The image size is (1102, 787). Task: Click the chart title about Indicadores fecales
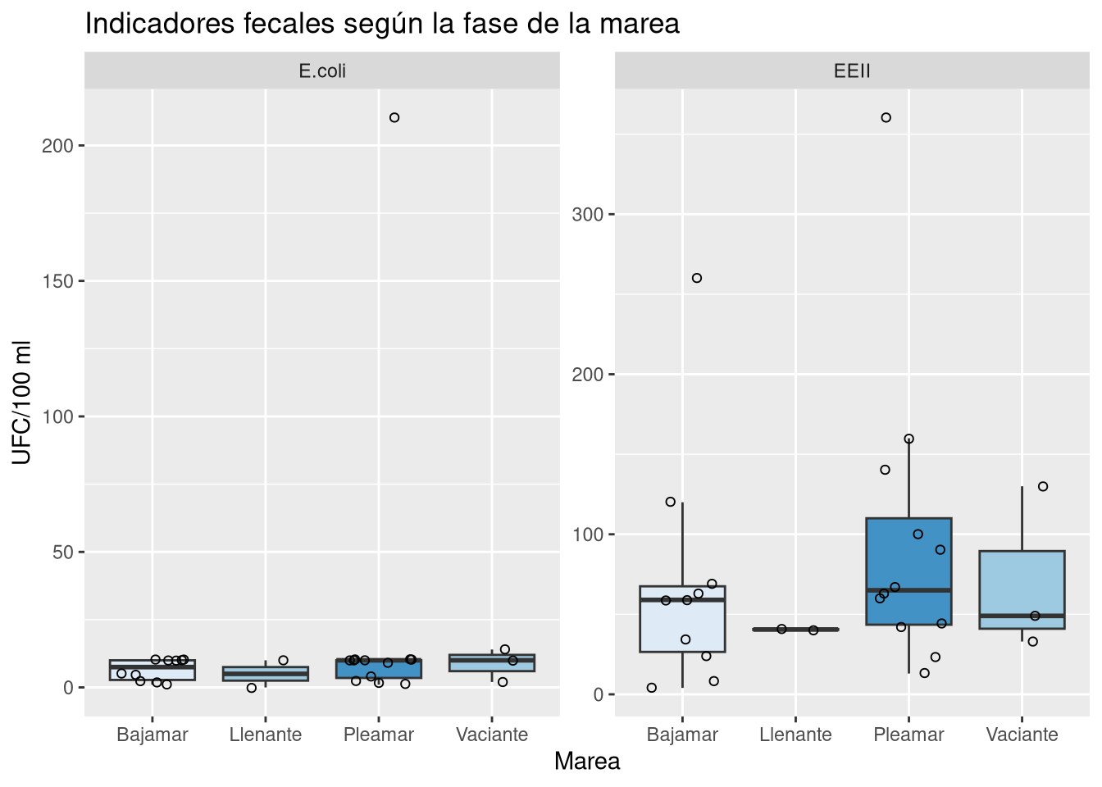(x=382, y=24)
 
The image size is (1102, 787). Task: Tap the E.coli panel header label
(x=322, y=71)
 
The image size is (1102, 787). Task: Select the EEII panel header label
(x=852, y=71)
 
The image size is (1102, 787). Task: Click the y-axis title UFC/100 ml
(x=22, y=402)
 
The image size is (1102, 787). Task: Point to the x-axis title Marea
(x=587, y=762)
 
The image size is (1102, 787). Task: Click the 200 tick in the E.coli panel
(x=63, y=146)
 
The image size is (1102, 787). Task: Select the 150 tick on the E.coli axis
(x=63, y=281)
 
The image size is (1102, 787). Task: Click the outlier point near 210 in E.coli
(x=394, y=118)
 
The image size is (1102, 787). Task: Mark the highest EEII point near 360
(x=886, y=118)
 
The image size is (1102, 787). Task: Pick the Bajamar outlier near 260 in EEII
(x=697, y=279)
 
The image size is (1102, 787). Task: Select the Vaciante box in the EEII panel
(x=1022, y=582)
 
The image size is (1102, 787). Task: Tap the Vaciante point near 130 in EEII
(x=1043, y=487)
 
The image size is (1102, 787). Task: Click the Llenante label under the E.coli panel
(x=266, y=735)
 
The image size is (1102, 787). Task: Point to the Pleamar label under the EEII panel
(x=908, y=735)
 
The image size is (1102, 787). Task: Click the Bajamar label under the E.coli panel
(x=153, y=735)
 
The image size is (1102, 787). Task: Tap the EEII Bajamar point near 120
(x=671, y=502)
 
